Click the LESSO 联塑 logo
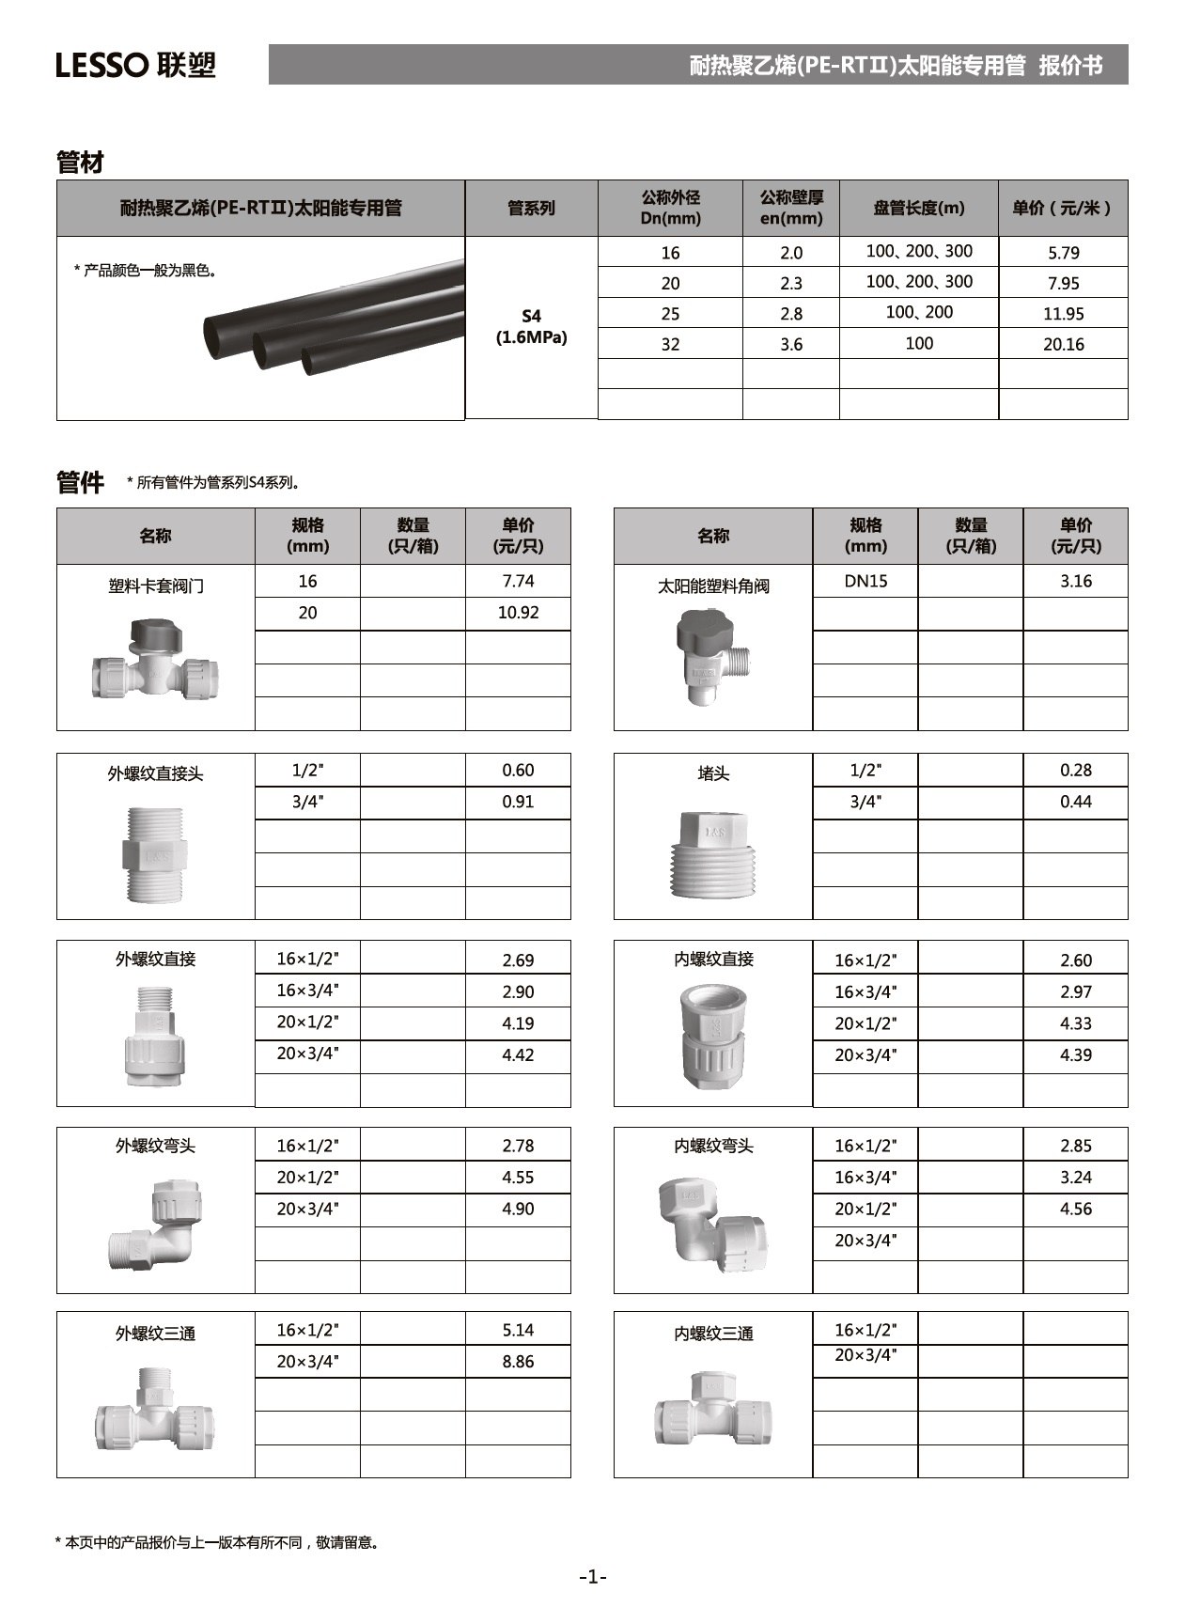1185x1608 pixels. point(136,65)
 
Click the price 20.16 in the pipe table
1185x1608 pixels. point(1063,344)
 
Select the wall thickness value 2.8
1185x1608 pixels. point(791,314)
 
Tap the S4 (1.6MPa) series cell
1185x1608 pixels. point(531,326)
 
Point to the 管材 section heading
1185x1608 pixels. point(80,163)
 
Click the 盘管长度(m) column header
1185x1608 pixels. point(918,208)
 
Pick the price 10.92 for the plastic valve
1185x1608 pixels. point(518,613)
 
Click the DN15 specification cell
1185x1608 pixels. point(865,581)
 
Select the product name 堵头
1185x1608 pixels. point(713,773)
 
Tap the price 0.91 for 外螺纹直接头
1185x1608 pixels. point(518,802)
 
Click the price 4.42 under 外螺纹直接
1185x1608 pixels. point(518,1054)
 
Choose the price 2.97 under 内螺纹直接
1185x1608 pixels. point(1075,991)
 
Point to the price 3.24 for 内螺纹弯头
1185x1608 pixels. point(1075,1177)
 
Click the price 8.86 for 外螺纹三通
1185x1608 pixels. point(518,1361)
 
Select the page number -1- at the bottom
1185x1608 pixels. point(593,1576)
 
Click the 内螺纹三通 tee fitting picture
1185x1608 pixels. point(713,1411)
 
